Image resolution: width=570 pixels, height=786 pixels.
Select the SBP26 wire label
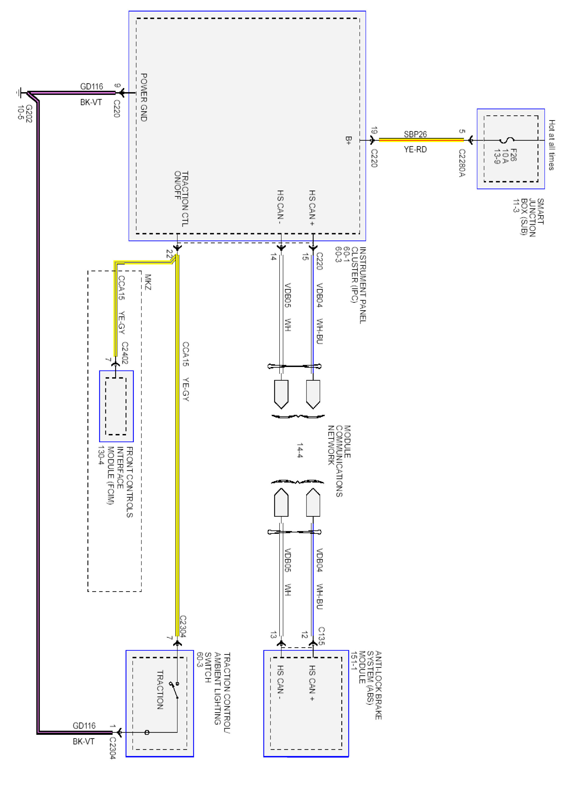(415, 134)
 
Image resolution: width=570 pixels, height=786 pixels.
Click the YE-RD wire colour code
(415, 149)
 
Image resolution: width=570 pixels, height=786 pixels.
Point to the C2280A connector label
(462, 163)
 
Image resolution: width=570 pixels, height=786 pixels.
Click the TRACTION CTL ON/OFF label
(181, 199)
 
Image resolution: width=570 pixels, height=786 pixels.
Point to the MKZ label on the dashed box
(148, 282)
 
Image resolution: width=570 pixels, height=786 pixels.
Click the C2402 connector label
(124, 353)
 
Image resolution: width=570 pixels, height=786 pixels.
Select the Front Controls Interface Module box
(116, 406)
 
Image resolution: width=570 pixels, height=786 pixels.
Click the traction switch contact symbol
(174, 690)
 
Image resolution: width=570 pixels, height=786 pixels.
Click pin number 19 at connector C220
(374, 131)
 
